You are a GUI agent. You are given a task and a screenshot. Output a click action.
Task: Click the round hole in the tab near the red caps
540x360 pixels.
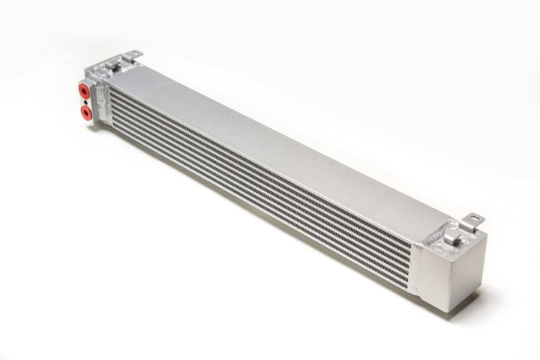coord(133,53)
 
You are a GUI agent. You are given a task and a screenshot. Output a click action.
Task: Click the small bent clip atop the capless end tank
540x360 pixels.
coord(451,235)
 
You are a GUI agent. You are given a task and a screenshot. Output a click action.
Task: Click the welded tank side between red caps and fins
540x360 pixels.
coord(101,97)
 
